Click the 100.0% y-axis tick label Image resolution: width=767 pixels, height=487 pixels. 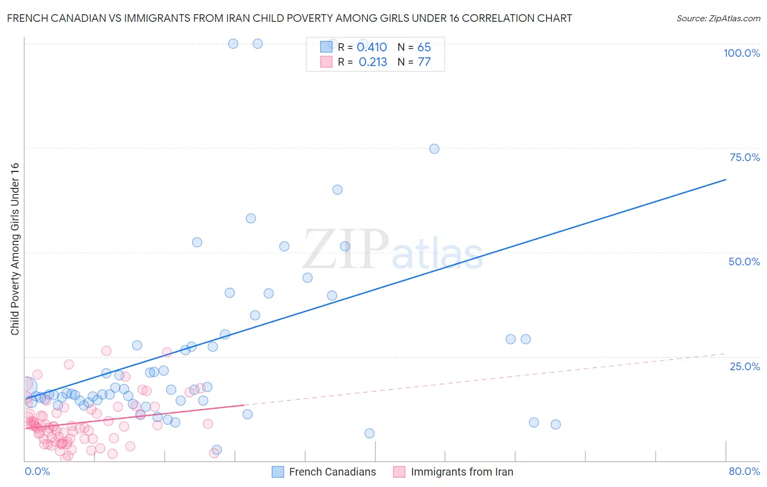point(741,53)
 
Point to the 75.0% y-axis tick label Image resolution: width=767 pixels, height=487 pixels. point(745,157)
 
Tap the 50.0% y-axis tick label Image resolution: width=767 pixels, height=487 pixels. point(744,262)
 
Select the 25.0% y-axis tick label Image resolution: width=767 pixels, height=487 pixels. point(745,366)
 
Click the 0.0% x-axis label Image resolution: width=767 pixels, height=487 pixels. point(37,471)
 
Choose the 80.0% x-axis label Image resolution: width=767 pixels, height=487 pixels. point(744,471)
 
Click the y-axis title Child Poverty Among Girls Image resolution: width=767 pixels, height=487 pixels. point(15,248)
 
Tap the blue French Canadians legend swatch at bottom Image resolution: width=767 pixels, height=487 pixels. point(278,472)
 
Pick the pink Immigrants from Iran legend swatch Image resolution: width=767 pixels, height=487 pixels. point(399,472)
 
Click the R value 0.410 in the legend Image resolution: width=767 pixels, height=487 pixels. point(371,47)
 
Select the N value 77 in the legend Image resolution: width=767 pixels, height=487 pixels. point(424,62)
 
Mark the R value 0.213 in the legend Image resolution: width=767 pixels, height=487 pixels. point(373,62)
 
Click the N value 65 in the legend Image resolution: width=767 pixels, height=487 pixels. point(424,47)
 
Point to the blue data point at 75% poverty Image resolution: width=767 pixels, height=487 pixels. point(434,149)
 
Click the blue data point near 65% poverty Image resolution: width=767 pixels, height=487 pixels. point(338,190)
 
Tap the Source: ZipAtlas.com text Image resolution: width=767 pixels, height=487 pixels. point(718,19)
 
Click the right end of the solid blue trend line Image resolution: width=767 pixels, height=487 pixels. point(726,179)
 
